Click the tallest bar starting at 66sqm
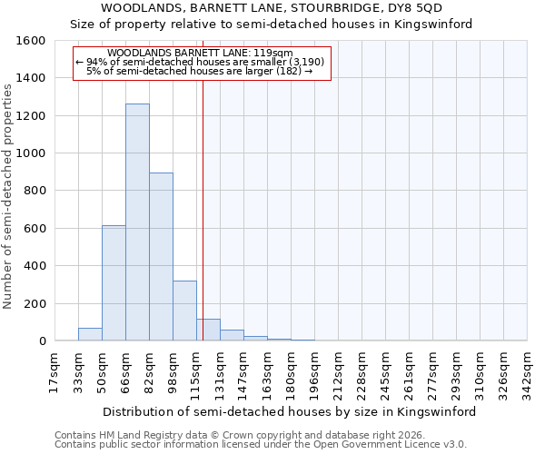click(x=137, y=222)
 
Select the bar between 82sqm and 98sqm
click(x=161, y=257)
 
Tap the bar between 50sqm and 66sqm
click(x=114, y=283)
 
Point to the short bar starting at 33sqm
click(x=90, y=334)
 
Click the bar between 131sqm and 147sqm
click(x=232, y=335)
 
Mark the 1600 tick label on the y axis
click(x=31, y=41)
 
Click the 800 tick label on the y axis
click(x=35, y=191)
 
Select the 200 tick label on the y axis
click(x=35, y=304)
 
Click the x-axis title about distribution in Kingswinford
click(x=291, y=411)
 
